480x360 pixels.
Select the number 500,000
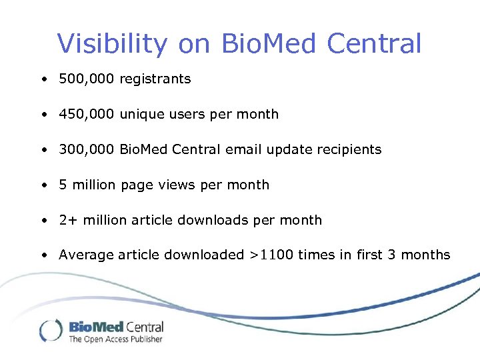tap(87, 79)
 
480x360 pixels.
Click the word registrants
tap(155, 79)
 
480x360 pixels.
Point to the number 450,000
tap(87, 114)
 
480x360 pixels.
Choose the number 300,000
tap(87, 149)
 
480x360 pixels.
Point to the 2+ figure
tap(67, 220)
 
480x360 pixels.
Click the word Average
tap(86, 255)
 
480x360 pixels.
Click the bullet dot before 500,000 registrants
tap(43, 79)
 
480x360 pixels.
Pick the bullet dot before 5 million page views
tap(43, 185)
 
